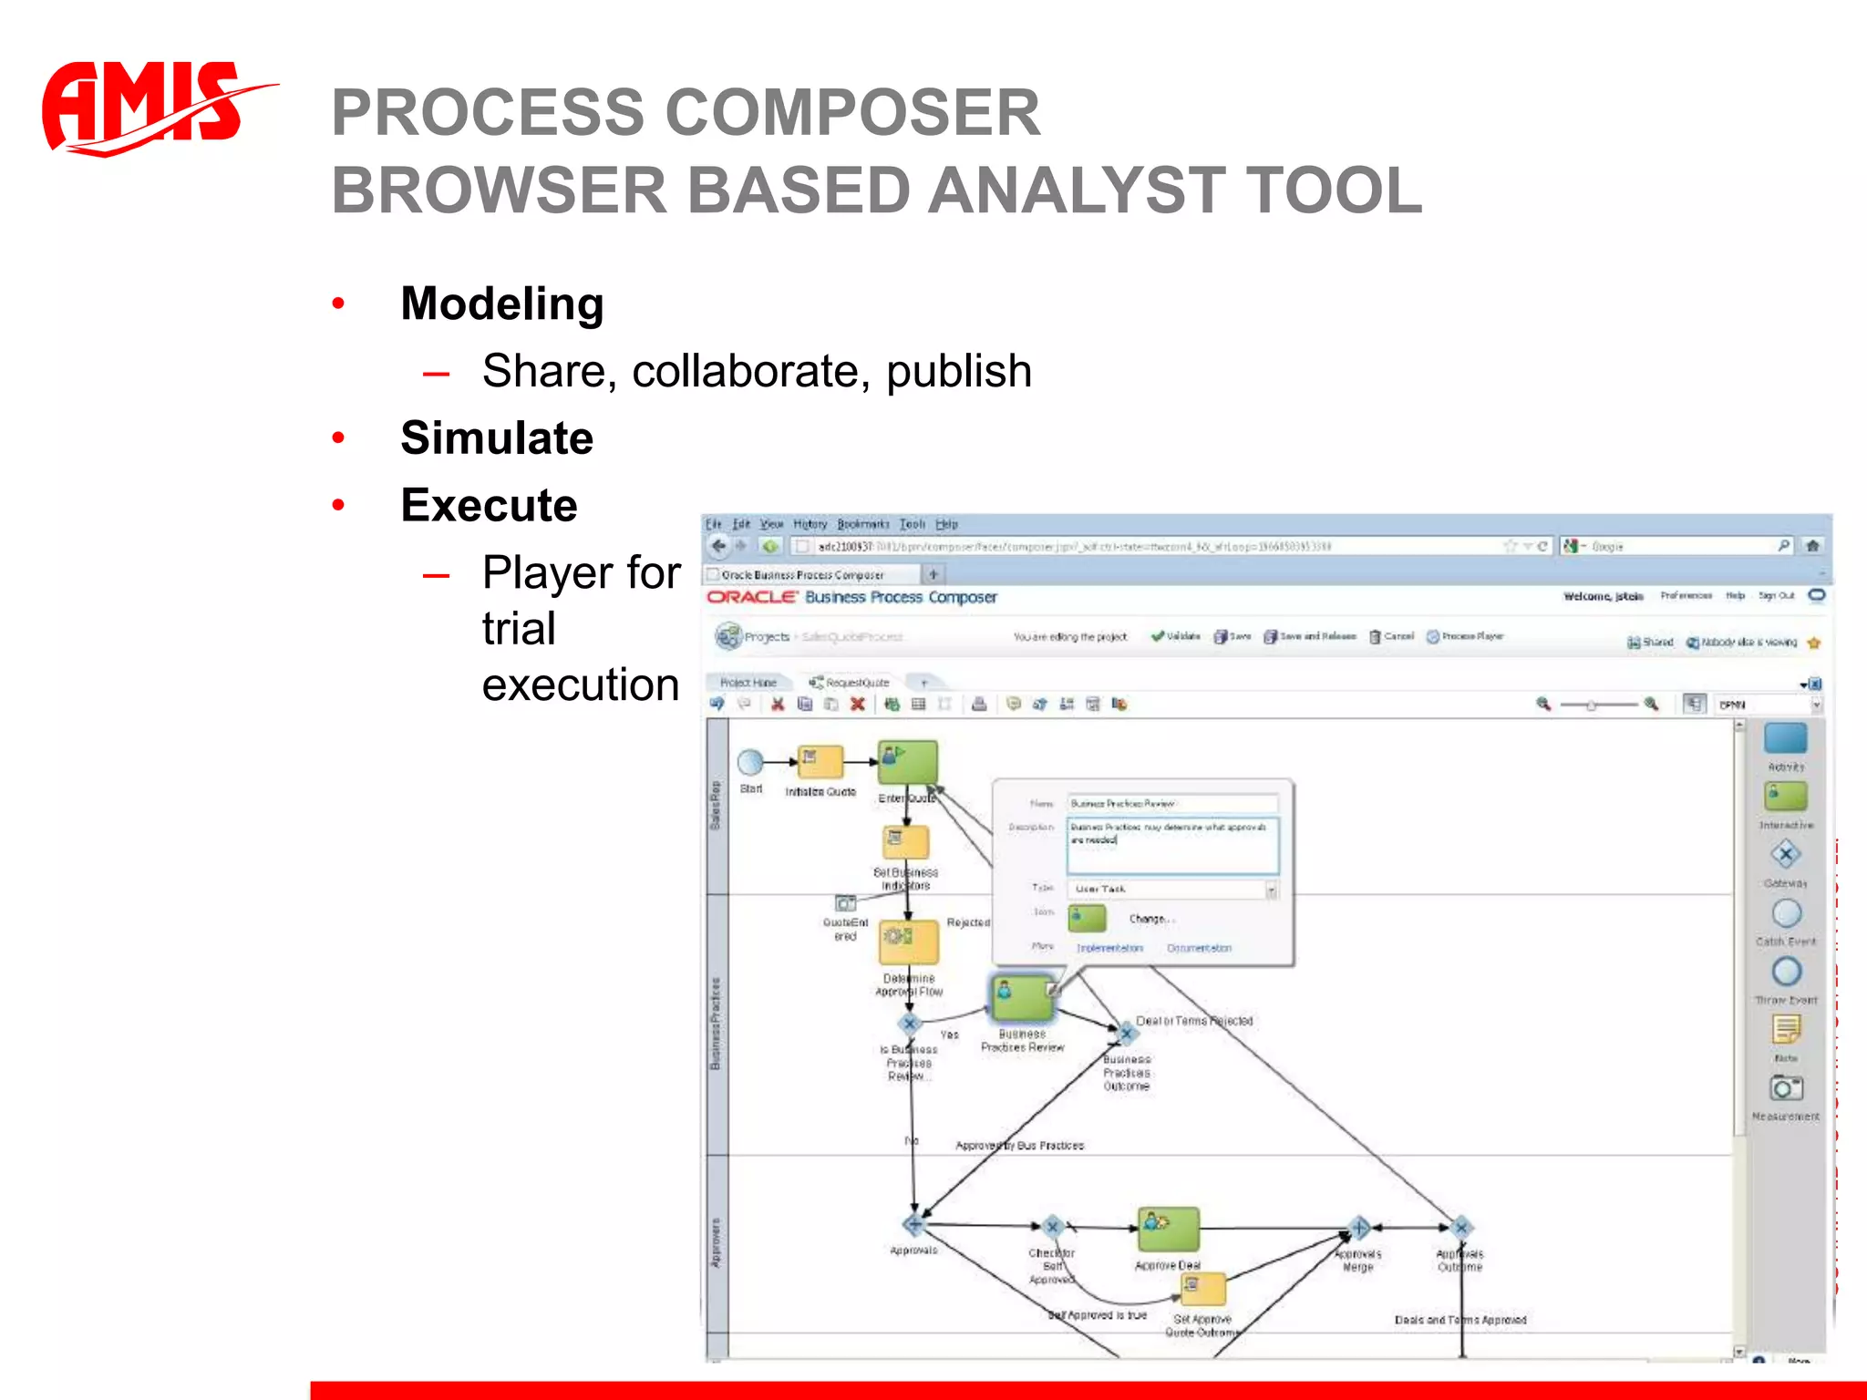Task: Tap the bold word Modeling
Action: pos(502,304)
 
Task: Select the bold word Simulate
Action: pos(497,438)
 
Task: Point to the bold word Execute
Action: pos(489,505)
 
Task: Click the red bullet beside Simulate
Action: pos(338,438)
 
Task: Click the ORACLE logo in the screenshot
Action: pos(752,597)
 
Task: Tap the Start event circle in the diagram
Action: pos(750,762)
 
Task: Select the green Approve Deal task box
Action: pos(1168,1230)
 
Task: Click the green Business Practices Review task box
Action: pos(1021,997)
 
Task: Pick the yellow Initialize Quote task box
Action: pos(820,761)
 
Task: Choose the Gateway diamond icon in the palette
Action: pos(1785,855)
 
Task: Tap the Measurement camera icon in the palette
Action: pos(1786,1088)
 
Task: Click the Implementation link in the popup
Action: pos(1109,948)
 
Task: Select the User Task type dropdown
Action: pos(1174,889)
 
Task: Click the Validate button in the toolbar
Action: pos(1176,636)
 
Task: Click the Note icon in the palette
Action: pos(1786,1030)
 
